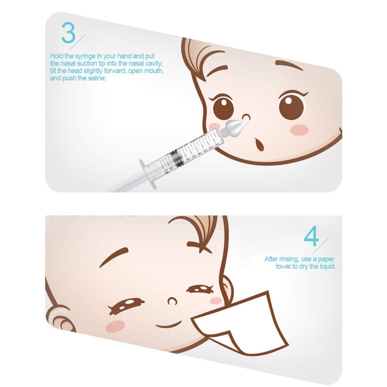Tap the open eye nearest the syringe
tap(222, 108)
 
